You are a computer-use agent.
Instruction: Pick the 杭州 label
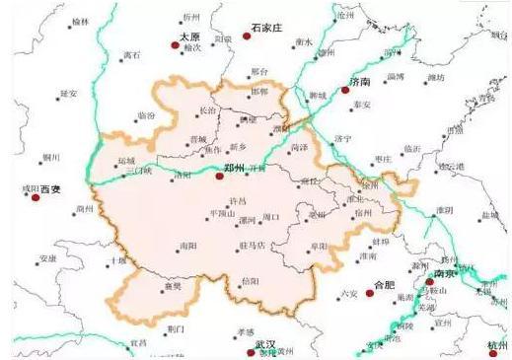pyautogui.click(x=499, y=346)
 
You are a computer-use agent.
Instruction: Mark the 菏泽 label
pyautogui.click(x=300, y=148)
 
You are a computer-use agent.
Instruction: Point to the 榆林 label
pyautogui.click(x=81, y=21)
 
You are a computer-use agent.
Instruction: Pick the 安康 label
pyautogui.click(x=47, y=258)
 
